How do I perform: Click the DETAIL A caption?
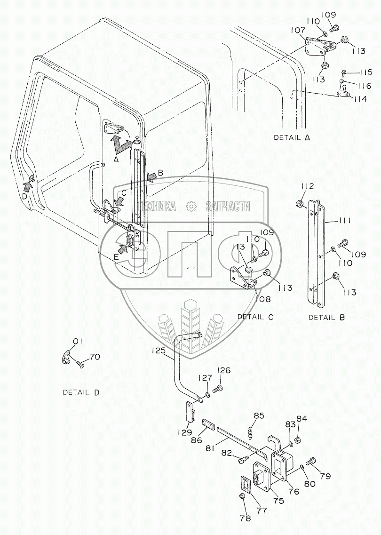pyautogui.click(x=292, y=137)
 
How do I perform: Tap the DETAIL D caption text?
pyautogui.click(x=81, y=392)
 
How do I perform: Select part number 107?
pyautogui.click(x=298, y=30)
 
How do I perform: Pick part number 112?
pyautogui.click(x=307, y=186)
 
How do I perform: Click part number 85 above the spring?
pyautogui.click(x=259, y=415)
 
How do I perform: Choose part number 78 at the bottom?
pyautogui.click(x=245, y=518)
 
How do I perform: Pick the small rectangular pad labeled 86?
pyautogui.click(x=208, y=425)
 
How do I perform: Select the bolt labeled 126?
pyautogui.click(x=217, y=388)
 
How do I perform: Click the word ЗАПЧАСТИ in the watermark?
pyautogui.click(x=228, y=206)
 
